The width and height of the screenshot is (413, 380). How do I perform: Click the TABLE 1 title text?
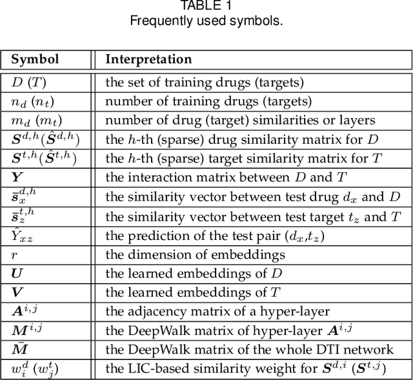tap(206, 6)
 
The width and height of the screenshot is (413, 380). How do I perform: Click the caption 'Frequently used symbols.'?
tap(206, 21)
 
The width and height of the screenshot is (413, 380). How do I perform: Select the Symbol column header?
tap(35, 59)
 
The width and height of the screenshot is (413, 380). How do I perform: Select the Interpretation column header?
tap(148, 59)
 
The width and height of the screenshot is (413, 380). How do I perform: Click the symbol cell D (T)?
tap(29, 83)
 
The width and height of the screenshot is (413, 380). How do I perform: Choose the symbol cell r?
tap(15, 254)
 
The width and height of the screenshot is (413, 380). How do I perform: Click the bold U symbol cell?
tap(17, 274)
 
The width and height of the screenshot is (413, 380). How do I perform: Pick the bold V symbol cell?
tap(17, 292)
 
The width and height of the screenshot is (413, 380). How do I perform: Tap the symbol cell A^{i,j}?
tap(25, 311)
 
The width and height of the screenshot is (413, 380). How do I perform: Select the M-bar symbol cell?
tap(19, 349)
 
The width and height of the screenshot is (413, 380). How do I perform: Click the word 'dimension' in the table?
tap(153, 254)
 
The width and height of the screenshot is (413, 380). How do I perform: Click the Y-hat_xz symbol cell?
tap(23, 235)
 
